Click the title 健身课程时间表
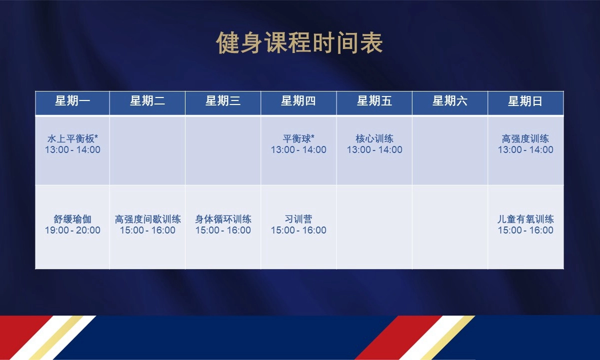click(299, 42)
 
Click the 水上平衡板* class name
click(72, 139)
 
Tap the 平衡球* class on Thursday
click(298, 139)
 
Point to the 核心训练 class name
click(374, 139)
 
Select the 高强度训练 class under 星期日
click(525, 139)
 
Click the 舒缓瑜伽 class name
click(72, 219)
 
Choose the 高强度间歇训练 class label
click(147, 219)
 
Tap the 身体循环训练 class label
click(223, 219)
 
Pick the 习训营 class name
click(298, 219)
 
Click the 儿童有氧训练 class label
click(525, 219)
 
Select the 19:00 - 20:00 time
click(72, 230)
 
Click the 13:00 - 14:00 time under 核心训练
click(374, 149)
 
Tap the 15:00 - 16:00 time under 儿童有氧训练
click(525, 230)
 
